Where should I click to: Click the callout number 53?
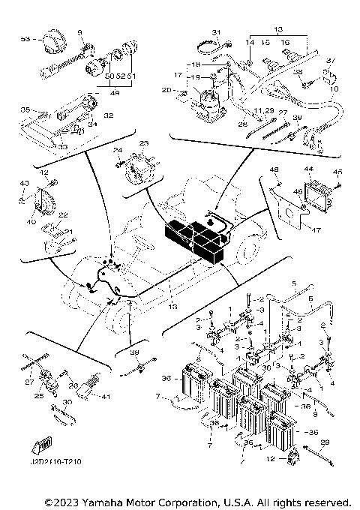tap(25, 37)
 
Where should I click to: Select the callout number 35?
tap(24, 109)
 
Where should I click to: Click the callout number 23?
tap(145, 142)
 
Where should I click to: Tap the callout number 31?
tap(214, 32)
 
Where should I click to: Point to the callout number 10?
tap(334, 89)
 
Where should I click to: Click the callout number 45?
tap(337, 170)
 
